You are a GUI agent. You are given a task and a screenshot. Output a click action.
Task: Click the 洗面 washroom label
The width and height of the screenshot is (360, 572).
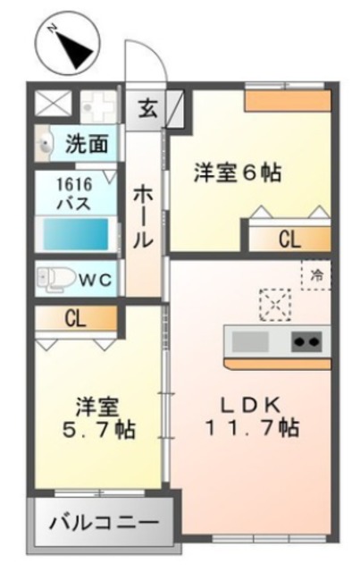(x=87, y=143)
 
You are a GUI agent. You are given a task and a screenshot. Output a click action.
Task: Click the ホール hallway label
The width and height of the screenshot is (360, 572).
(x=144, y=215)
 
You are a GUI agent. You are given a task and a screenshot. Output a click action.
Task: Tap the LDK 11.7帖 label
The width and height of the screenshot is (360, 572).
(x=253, y=415)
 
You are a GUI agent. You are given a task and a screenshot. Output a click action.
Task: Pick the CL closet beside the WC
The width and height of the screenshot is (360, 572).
(x=75, y=318)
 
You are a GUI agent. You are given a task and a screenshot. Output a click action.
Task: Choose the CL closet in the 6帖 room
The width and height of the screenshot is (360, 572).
(x=288, y=240)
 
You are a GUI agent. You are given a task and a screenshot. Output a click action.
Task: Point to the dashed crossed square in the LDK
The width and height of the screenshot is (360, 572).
(x=273, y=305)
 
